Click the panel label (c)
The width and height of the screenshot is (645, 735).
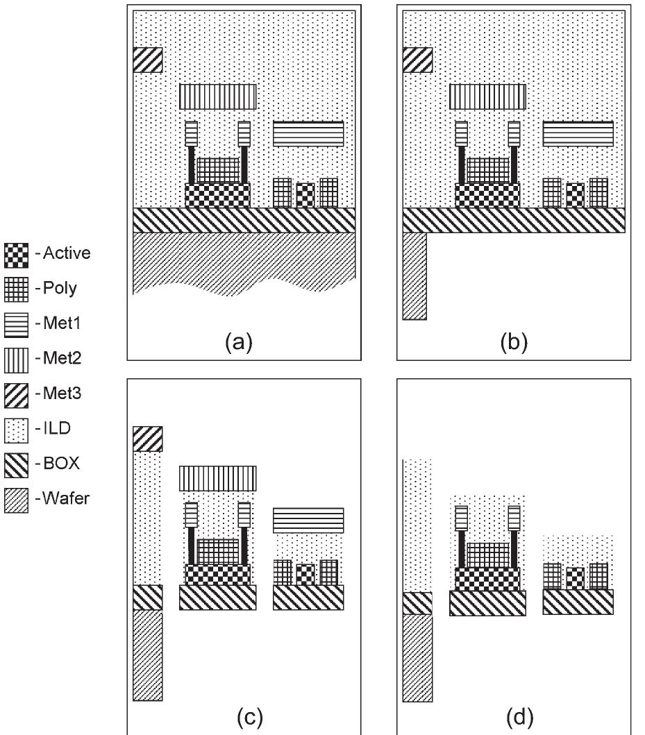pyautogui.click(x=249, y=714)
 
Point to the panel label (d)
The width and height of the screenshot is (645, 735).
pyautogui.click(x=519, y=714)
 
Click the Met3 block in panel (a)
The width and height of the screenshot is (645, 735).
pyautogui.click(x=147, y=60)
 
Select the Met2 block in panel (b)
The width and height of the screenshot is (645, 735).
pyautogui.click(x=487, y=97)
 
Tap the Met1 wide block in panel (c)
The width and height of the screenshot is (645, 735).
pyautogui.click(x=308, y=520)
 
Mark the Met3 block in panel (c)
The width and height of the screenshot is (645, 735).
pyautogui.click(x=147, y=439)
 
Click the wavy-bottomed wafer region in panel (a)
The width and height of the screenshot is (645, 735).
pyautogui.click(x=243, y=264)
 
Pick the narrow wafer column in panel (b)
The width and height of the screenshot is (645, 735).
pyautogui.click(x=414, y=276)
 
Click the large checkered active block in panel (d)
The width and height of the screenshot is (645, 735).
pyautogui.click(x=487, y=578)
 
